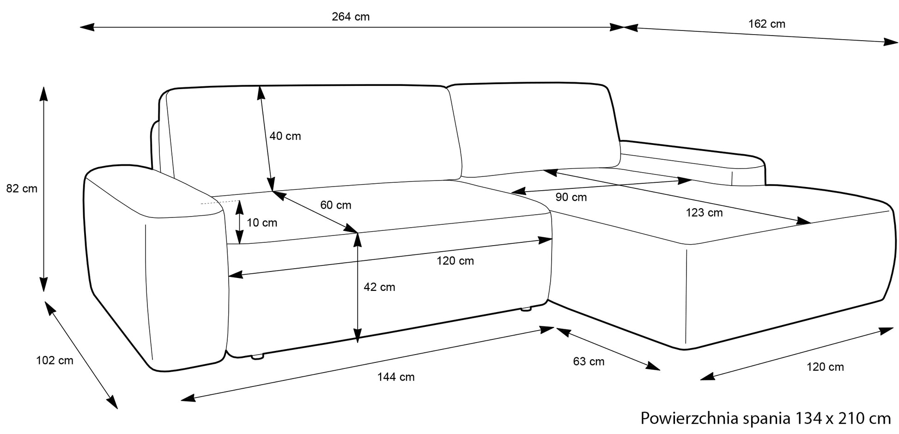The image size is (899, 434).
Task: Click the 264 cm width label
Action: click(351, 17)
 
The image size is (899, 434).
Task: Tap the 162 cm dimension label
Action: click(767, 24)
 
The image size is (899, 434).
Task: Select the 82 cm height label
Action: click(22, 189)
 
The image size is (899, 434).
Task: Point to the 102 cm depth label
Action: click(55, 361)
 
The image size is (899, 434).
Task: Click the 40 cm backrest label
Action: click(285, 136)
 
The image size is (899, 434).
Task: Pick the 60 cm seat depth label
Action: click(336, 205)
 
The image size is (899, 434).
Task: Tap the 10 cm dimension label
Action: click(262, 223)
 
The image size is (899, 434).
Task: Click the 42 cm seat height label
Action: click(379, 287)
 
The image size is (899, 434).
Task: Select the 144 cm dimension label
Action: click(396, 377)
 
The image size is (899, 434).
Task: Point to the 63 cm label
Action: click(589, 362)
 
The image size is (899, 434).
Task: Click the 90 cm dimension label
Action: click(571, 198)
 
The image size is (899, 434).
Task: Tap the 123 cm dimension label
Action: click(704, 213)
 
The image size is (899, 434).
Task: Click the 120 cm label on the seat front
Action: click(456, 261)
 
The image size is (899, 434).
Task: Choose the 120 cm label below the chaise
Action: click(825, 367)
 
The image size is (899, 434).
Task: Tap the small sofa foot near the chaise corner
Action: click(526, 308)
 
